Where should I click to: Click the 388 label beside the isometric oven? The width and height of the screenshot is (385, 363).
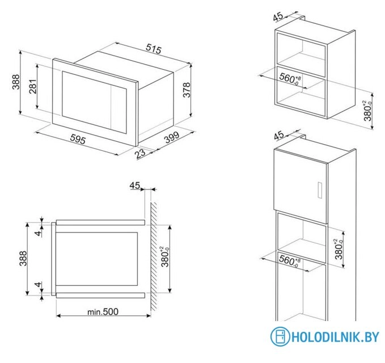click(15, 83)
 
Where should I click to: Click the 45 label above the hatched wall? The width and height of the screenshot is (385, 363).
click(134, 185)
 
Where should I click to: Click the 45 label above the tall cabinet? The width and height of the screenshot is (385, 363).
click(278, 136)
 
